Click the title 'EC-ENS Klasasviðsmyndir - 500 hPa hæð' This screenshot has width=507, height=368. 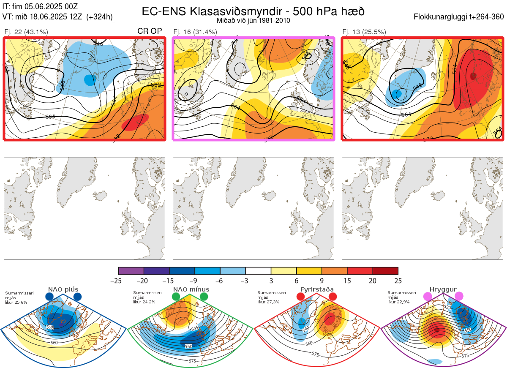tap(253, 11)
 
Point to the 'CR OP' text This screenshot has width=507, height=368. tap(150, 31)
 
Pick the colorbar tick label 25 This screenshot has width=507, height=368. tap(398, 281)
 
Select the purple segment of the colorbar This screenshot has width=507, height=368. tap(131, 271)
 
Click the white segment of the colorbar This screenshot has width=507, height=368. tap(258, 271)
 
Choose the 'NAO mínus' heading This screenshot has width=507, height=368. tap(191, 289)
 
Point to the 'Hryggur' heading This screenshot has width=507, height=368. tap(443, 289)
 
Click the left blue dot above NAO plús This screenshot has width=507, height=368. tap(49, 297)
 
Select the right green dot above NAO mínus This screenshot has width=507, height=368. tap(204, 297)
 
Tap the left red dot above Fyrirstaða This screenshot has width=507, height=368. tap(301, 297)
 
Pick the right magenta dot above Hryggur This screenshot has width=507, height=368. tap(459, 297)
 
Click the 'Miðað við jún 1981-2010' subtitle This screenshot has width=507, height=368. tap(253, 20)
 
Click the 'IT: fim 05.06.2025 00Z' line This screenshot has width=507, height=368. tap(40, 6)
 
